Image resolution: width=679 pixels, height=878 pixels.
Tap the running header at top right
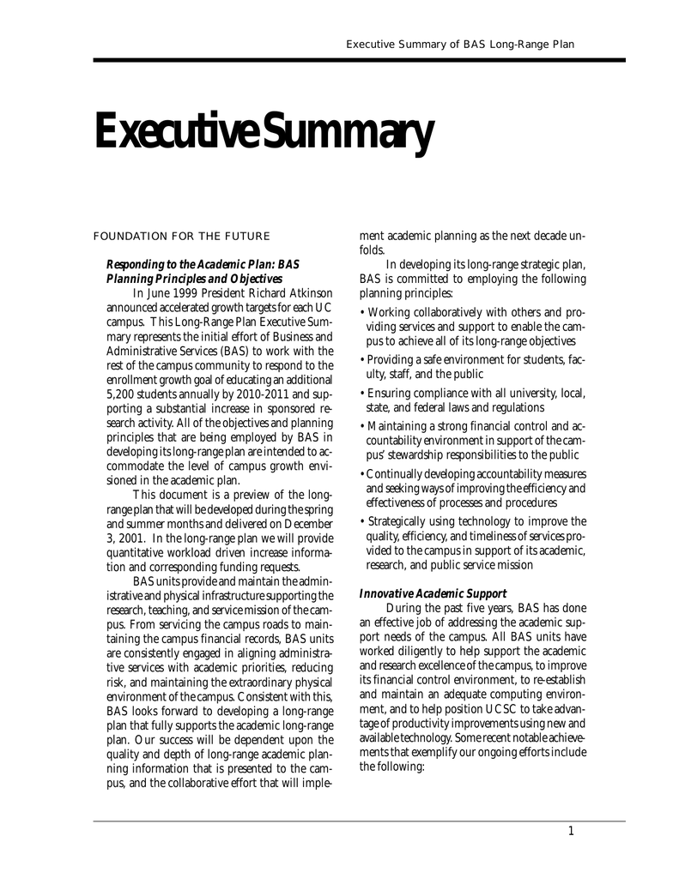pos(459,45)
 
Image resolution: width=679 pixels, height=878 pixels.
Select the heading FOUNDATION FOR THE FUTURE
pos(181,236)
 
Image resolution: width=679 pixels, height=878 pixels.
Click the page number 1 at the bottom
pos(571,830)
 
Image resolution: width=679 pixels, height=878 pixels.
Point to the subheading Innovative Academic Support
pos(433,593)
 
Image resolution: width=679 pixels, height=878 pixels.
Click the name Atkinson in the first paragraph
pos(309,293)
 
